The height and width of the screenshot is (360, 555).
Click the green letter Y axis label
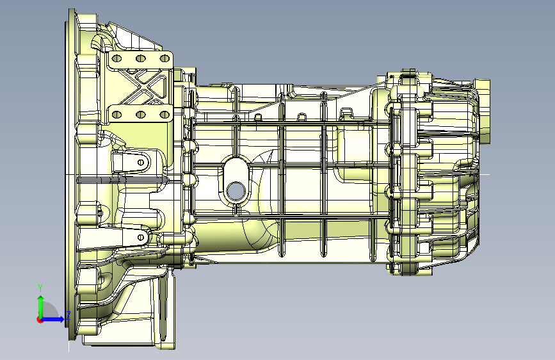click(40, 288)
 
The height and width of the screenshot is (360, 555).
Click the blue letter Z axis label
click(68, 316)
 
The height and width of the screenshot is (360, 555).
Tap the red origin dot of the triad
click(40, 320)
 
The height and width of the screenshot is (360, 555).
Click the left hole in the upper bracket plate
click(117, 58)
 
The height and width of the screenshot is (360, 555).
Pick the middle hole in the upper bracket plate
click(141, 58)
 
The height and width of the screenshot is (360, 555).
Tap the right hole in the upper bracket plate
click(165, 58)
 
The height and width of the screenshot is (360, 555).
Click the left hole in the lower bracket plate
click(117, 115)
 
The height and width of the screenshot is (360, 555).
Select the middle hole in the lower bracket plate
click(141, 115)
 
